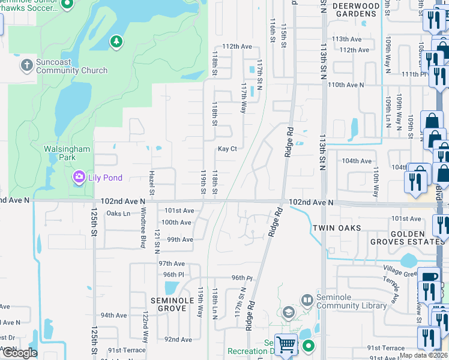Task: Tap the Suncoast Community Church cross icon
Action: point(26,65)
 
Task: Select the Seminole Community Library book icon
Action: point(307,299)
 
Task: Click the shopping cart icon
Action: point(286,345)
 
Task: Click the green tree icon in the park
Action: point(116,41)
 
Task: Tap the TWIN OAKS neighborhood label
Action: point(334,228)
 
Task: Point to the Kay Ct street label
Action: point(227,149)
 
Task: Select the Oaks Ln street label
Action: point(118,213)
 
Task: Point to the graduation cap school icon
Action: point(289,313)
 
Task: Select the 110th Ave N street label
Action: point(346,85)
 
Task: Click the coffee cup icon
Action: point(429,277)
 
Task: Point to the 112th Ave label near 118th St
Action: point(237,46)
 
